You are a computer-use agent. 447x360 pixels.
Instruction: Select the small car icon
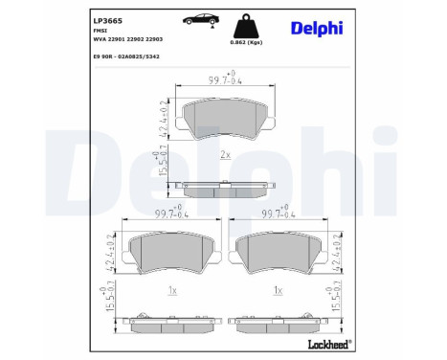187,18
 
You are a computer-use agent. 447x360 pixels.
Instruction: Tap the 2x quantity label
225,153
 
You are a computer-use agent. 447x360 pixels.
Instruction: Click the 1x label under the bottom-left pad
169,288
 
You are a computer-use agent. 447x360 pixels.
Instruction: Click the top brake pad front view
222,120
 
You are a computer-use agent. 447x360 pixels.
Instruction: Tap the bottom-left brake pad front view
169,254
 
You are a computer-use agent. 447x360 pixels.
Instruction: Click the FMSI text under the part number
100,31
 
